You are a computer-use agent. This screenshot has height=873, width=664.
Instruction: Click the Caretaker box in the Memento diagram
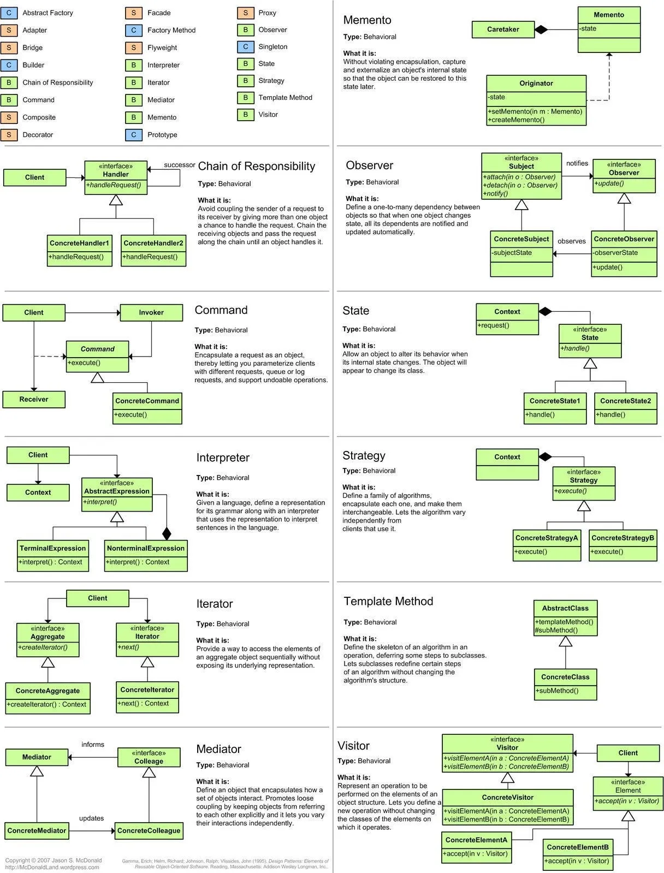[x=503, y=29]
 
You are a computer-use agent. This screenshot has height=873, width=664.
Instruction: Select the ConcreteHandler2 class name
[x=153, y=243]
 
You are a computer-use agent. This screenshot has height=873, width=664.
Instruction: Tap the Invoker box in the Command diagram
[x=151, y=312]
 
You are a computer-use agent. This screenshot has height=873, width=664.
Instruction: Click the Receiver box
[x=34, y=399]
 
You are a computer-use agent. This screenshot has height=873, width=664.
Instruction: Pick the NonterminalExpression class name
[x=146, y=548]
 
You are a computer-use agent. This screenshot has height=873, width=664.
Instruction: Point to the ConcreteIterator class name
[x=147, y=690]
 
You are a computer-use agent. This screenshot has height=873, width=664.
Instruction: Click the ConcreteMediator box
[x=37, y=830]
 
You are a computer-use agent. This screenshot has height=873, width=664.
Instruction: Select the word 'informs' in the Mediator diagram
[x=93, y=744]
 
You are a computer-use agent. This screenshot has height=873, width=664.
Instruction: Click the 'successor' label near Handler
[x=179, y=165]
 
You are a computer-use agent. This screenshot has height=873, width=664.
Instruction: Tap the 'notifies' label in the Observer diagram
[x=577, y=163]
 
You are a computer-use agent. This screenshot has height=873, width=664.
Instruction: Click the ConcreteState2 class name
[x=625, y=401]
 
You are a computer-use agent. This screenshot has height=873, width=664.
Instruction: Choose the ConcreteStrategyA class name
[x=547, y=538]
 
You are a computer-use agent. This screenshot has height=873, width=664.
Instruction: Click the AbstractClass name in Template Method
[x=565, y=608]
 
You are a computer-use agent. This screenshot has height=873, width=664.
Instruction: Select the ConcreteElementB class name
[x=578, y=847]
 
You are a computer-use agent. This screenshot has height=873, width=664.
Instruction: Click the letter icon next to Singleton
[x=246, y=47]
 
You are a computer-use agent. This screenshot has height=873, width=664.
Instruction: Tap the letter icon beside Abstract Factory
[x=9, y=13]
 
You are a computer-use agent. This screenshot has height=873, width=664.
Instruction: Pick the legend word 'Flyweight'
[x=162, y=47]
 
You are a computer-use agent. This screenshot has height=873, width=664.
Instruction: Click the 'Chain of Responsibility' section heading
[x=256, y=166]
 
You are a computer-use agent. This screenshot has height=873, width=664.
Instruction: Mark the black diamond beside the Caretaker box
[x=541, y=29]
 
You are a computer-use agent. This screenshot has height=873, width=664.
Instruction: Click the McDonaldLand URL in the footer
[x=52, y=867]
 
